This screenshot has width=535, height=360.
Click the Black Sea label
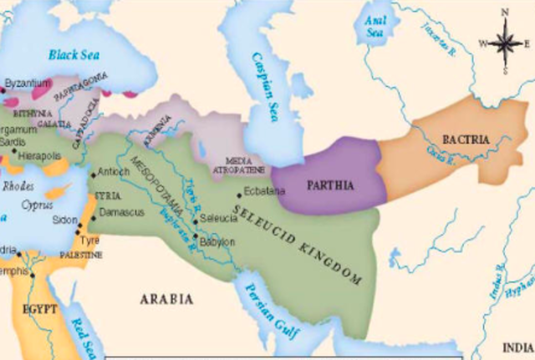74,54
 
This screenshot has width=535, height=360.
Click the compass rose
504,40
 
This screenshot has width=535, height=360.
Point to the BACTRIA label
465,139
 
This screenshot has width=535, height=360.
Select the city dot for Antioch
93,175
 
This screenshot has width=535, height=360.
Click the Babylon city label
217,241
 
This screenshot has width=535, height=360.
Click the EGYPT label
39,308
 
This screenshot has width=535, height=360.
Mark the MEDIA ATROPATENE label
241,164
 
